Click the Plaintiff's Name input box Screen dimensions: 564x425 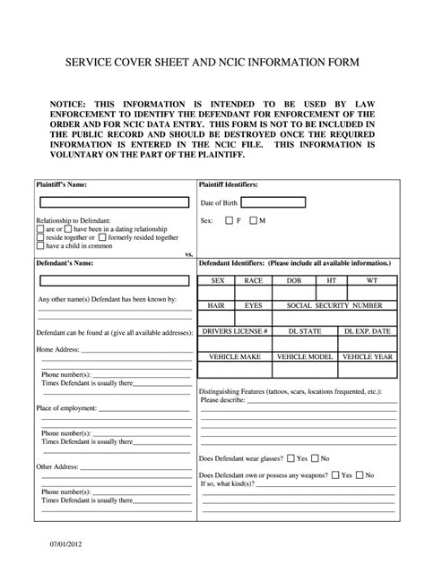pos(112,202)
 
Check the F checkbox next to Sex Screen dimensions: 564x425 pos(230,220)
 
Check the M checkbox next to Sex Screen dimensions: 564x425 pos(254,220)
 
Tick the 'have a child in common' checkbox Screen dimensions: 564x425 pos(40,245)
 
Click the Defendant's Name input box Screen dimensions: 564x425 pos(112,282)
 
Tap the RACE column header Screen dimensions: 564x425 pos(253,280)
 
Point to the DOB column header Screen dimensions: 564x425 pos(293,280)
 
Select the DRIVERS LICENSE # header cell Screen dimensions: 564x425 pos(235,330)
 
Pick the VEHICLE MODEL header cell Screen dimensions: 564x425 pos(304,356)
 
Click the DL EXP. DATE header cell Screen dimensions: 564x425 pos(368,330)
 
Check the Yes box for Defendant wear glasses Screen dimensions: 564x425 pos(290,458)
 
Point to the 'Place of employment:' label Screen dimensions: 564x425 pos(66,408)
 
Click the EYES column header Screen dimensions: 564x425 pos(253,305)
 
